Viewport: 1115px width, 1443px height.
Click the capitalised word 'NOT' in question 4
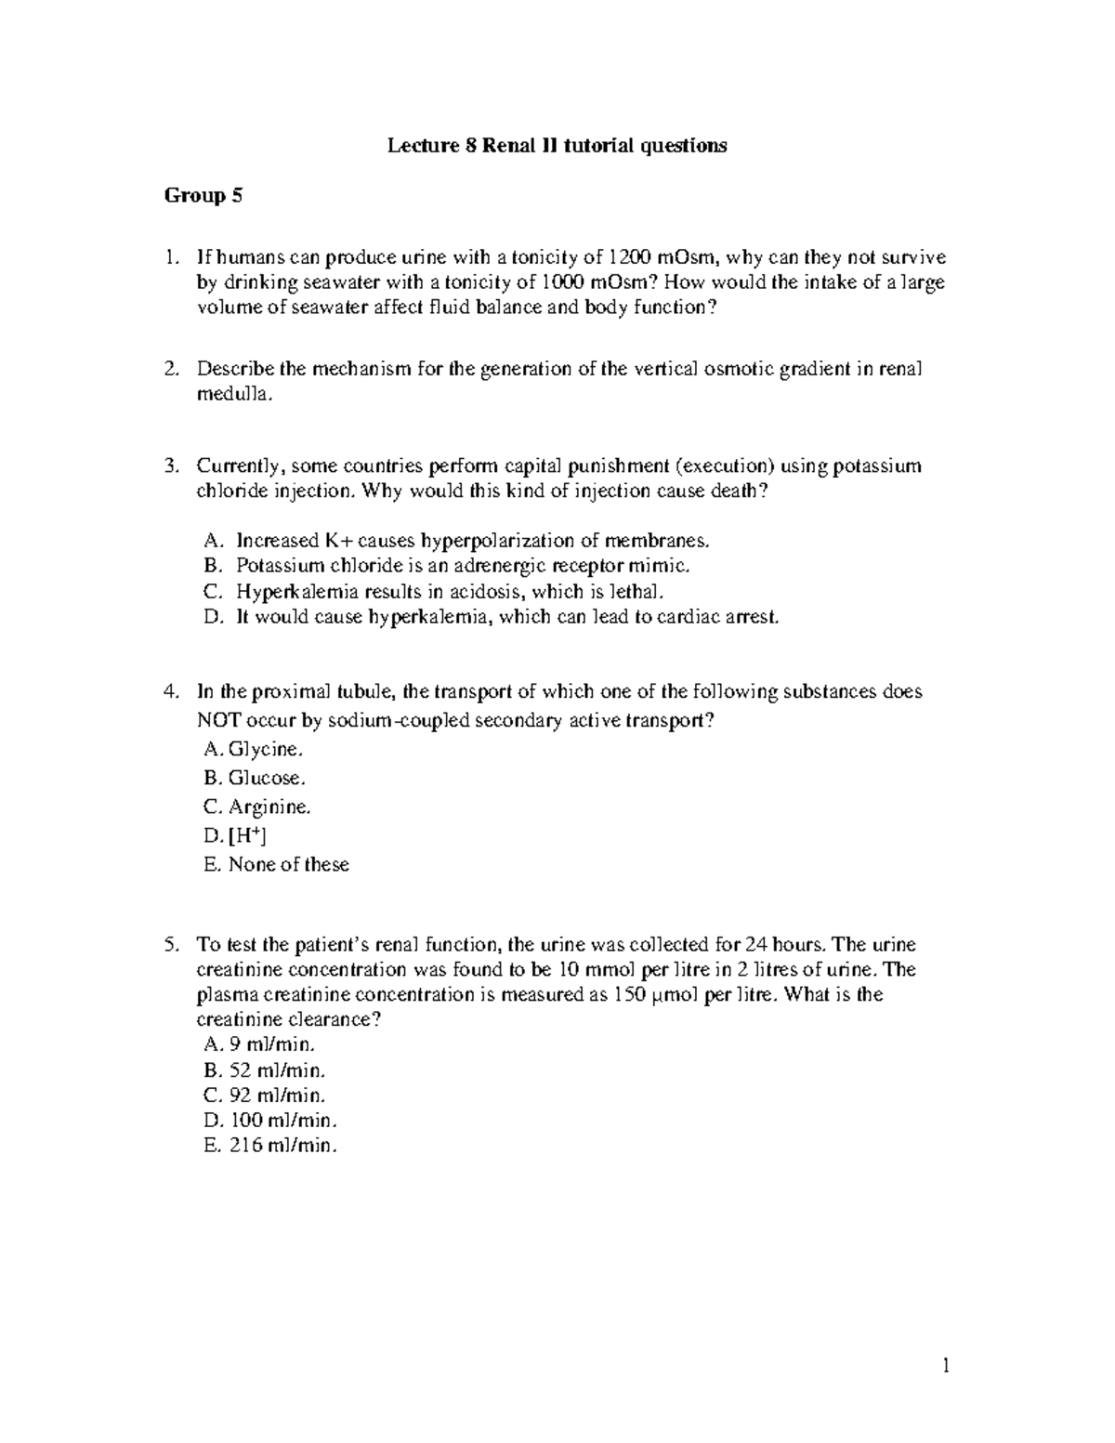point(217,720)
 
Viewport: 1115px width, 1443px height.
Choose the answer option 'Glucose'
point(266,778)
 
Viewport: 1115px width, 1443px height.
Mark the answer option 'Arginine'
point(269,807)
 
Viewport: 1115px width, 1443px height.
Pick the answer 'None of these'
point(288,864)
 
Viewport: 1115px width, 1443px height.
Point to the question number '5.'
point(171,945)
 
